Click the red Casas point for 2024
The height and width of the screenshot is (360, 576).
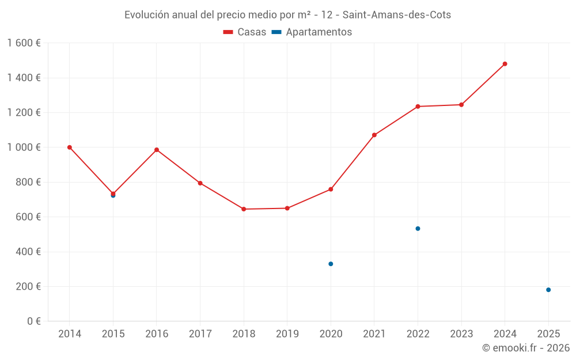tap(505, 64)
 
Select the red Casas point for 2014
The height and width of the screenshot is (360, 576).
tap(70, 147)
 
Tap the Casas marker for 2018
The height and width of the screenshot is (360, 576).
tap(244, 209)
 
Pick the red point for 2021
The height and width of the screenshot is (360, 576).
tap(374, 135)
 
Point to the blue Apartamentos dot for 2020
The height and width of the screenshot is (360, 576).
tap(331, 264)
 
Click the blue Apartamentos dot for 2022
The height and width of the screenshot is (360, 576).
tap(418, 229)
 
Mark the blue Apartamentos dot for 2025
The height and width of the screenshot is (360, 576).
tap(548, 290)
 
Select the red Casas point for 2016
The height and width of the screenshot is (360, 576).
tap(157, 150)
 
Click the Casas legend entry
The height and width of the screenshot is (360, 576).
tap(245, 32)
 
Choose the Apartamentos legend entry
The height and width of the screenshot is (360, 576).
tap(312, 32)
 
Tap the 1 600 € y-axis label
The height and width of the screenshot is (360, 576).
tap(24, 43)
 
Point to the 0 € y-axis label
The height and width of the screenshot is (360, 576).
tap(30, 321)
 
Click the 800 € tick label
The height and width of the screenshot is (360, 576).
tap(26, 182)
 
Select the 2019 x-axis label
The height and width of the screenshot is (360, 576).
tap(287, 334)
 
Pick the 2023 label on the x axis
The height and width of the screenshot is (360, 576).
tap(461, 334)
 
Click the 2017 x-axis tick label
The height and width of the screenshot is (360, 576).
tap(200, 334)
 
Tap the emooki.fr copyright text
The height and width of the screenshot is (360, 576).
tap(525, 348)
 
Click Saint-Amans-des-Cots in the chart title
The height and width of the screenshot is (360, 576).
tap(396, 15)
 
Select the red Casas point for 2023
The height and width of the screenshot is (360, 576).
tap(461, 105)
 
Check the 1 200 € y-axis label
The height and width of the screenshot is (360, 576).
tap(24, 113)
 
